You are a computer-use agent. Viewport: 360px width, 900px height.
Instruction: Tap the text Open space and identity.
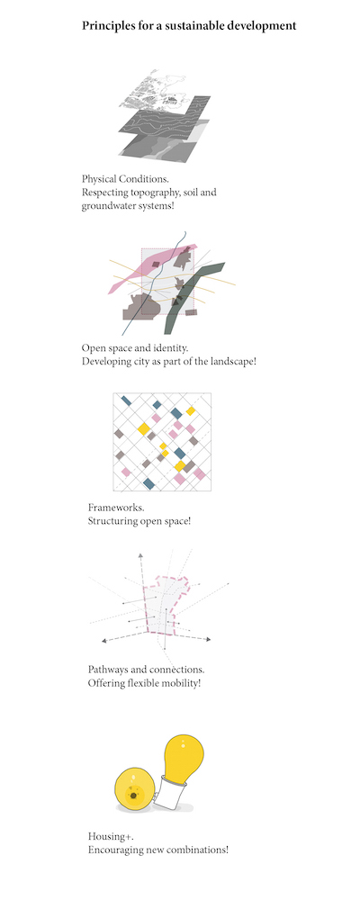pyautogui.click(x=135, y=348)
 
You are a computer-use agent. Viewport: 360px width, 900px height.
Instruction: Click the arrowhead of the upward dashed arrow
pyautogui.click(x=140, y=555)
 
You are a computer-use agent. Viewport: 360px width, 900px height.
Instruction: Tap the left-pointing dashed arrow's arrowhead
pyautogui.click(x=103, y=641)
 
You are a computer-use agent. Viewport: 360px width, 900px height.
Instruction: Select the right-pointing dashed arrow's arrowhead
pyautogui.click(x=208, y=639)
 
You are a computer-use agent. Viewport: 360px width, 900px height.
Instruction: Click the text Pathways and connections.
pyautogui.click(x=147, y=670)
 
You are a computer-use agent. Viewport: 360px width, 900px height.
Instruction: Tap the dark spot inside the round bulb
pyautogui.click(x=133, y=796)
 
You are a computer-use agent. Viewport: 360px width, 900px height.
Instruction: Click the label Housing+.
pyautogui.click(x=107, y=836)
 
